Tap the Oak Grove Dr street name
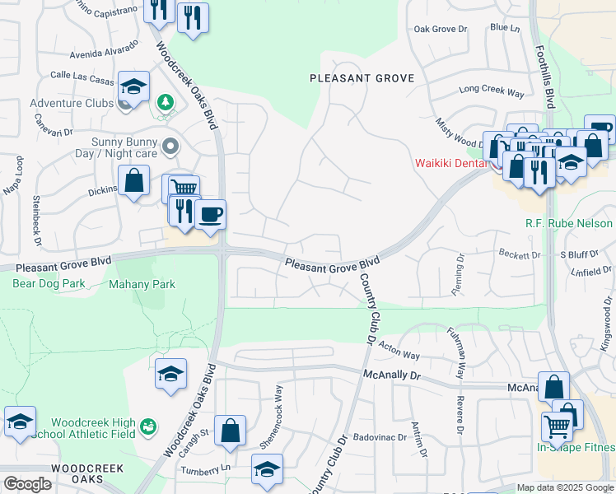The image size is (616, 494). [x=440, y=29]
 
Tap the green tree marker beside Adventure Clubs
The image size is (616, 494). [x=166, y=102]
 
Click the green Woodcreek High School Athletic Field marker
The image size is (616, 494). [x=148, y=426]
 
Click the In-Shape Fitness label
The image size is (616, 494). [x=576, y=447]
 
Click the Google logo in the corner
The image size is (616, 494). [x=26, y=484]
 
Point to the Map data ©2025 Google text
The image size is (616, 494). [x=564, y=487]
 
